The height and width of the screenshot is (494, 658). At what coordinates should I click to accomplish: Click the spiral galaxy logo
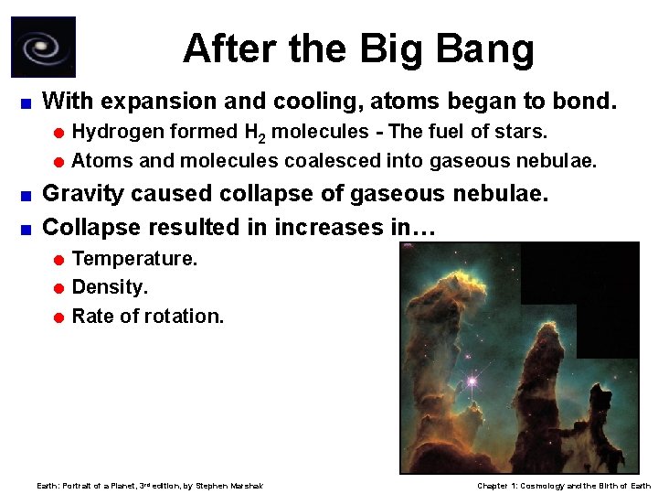click(43, 48)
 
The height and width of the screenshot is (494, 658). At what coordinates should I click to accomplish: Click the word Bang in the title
click(488, 48)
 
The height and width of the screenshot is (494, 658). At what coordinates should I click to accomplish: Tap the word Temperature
click(134, 259)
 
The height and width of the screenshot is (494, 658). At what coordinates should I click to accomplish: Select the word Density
click(110, 287)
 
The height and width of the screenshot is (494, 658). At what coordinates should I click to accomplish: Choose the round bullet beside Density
click(58, 288)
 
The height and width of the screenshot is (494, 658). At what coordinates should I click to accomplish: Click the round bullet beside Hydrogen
click(58, 133)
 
